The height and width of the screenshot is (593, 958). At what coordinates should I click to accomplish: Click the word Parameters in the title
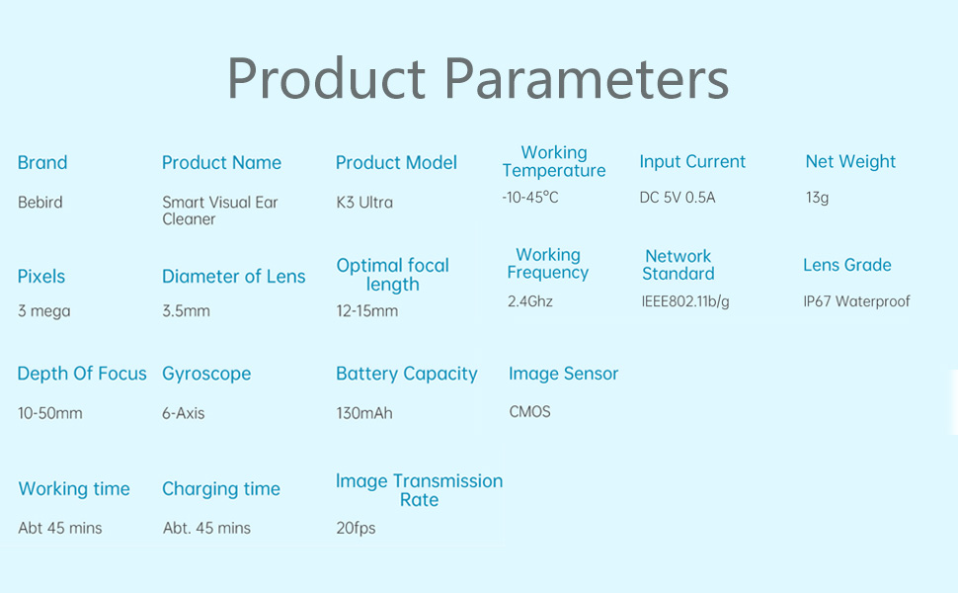[x=586, y=79]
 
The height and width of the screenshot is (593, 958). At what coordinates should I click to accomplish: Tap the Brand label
[x=42, y=163]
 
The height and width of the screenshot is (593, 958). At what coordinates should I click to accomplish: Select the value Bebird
[x=40, y=203]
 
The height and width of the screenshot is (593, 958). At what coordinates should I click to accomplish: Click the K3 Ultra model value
[x=364, y=203]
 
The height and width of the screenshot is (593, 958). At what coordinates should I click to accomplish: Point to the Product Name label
[x=222, y=163]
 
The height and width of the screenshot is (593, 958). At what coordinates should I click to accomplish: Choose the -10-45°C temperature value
[x=530, y=198]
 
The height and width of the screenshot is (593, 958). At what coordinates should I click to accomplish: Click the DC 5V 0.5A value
[x=678, y=198]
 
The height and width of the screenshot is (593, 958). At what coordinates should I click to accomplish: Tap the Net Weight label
[x=850, y=161]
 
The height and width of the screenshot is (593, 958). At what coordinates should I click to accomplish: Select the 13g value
[x=818, y=198]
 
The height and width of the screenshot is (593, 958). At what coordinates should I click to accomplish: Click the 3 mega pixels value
[x=44, y=311]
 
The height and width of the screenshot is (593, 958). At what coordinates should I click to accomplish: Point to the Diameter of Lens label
[x=233, y=277]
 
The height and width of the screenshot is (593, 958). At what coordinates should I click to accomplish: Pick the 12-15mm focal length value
[x=367, y=311]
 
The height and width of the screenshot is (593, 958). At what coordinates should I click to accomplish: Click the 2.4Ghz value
[x=530, y=301]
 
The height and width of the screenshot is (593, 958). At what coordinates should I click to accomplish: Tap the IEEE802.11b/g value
[x=685, y=301]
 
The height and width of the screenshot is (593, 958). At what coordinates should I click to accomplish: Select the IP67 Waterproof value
[x=856, y=301]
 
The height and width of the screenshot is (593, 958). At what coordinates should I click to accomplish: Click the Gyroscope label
[x=206, y=374]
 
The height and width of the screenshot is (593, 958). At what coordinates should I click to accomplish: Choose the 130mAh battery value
[x=364, y=413]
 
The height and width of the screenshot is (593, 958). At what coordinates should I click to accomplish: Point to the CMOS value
[x=529, y=412]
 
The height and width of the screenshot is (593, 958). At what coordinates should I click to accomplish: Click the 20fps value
[x=356, y=528]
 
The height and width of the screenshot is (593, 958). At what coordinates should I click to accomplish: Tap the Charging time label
[x=221, y=489]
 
